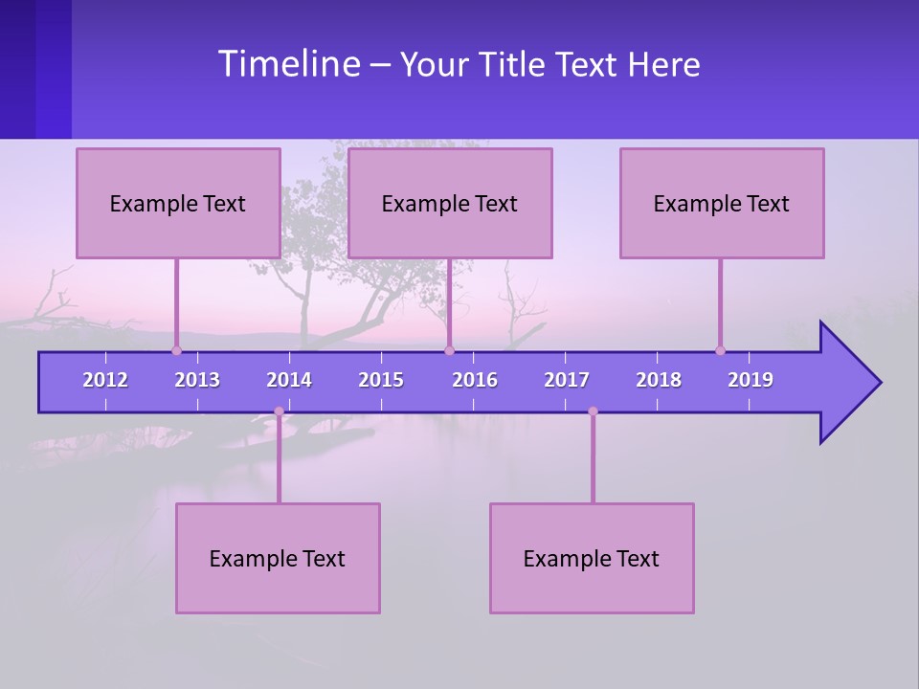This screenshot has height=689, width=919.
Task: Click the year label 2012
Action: pyautogui.click(x=105, y=380)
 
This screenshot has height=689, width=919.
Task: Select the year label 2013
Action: pyautogui.click(x=197, y=380)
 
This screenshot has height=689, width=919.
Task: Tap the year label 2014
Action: pyautogui.click(x=289, y=380)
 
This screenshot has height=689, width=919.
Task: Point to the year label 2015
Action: pyautogui.click(x=381, y=380)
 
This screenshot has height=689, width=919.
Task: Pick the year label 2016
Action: pyautogui.click(x=475, y=380)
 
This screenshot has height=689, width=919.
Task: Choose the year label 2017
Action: pyautogui.click(x=567, y=380)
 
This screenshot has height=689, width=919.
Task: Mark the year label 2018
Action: pyautogui.click(x=659, y=380)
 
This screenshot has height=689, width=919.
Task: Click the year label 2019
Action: pyautogui.click(x=751, y=380)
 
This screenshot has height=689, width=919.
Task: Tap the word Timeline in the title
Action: pyautogui.click(x=287, y=64)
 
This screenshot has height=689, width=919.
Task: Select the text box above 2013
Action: pyautogui.click(x=178, y=203)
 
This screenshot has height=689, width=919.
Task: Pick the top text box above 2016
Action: pyautogui.click(x=450, y=203)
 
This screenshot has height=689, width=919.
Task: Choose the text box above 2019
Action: pyautogui.click(x=722, y=203)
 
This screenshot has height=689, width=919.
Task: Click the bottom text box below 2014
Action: pyautogui.click(x=278, y=558)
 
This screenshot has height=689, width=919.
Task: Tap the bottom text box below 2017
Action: pyautogui.click(x=592, y=558)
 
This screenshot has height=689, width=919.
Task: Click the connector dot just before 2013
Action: pyautogui.click(x=176, y=350)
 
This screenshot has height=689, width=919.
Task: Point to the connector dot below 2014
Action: pyautogui.click(x=279, y=411)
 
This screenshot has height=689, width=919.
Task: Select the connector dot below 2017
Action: pyautogui.click(x=593, y=411)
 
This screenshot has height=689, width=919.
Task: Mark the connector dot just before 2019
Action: pyautogui.click(x=720, y=350)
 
